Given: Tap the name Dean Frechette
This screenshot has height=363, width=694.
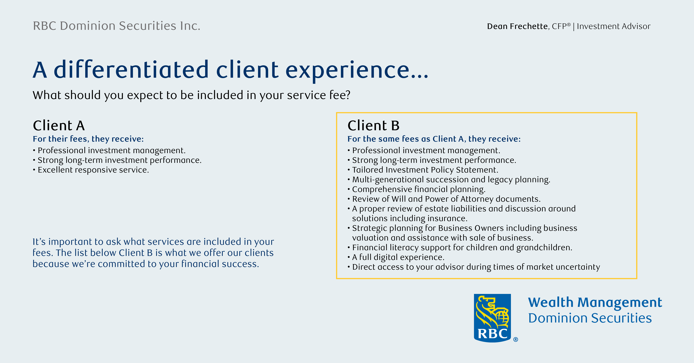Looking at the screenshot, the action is coord(517,26).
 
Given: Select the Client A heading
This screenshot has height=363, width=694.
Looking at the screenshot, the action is coord(59,126).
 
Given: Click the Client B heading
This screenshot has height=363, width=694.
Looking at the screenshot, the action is coord(373,126).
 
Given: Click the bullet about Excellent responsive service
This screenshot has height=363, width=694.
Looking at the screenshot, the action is coord(91,170).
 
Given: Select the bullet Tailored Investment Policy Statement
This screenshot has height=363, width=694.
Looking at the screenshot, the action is coord(423,170).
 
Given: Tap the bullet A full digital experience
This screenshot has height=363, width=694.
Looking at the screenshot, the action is coord(396,257).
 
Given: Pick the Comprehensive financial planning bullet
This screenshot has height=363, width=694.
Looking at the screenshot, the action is coord(417,189).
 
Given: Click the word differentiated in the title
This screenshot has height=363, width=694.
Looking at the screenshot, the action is coord(131,69).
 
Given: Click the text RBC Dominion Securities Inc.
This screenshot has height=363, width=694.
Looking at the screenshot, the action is coord(117,26).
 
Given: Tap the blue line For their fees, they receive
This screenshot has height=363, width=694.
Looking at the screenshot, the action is coord(88,139).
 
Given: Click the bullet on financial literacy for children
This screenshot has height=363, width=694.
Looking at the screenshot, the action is coord(460,247).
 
